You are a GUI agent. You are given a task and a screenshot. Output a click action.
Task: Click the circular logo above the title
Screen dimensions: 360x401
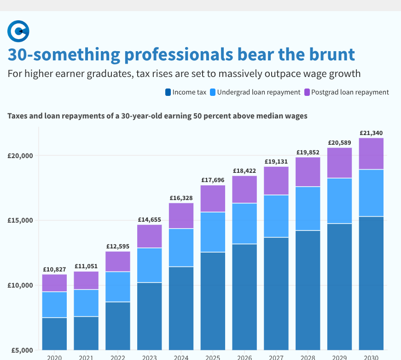pyautogui.click(x=18, y=31)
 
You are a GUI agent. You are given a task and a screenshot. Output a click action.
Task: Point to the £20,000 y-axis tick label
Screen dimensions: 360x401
pyautogui.click(x=20, y=156)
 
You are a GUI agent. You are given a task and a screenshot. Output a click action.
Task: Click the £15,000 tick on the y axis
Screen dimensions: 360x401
pyautogui.click(x=20, y=220)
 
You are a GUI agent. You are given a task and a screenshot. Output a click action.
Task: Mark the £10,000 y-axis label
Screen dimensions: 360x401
pyautogui.click(x=20, y=285)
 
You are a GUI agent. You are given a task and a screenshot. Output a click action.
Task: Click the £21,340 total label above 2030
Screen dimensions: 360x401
pyautogui.click(x=371, y=133)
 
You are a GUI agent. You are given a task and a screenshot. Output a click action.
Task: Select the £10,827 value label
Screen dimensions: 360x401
pyautogui.click(x=54, y=269)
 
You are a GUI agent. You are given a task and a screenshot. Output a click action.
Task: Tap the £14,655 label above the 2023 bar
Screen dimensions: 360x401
pyautogui.click(x=150, y=219)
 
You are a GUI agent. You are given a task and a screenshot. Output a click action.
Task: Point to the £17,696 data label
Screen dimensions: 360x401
pyautogui.click(x=213, y=180)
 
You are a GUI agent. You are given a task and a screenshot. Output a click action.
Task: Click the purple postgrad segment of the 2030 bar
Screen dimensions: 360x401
pyautogui.click(x=371, y=154)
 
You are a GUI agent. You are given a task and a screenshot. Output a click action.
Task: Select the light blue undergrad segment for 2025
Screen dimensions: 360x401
pyautogui.click(x=213, y=232)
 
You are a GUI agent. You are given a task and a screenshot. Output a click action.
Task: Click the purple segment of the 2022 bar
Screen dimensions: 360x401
pyautogui.click(x=118, y=261)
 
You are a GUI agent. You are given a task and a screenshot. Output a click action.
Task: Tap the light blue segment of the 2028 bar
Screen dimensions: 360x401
pyautogui.click(x=308, y=208)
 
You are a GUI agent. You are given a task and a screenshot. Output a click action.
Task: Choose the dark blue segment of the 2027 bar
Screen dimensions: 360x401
pyautogui.click(x=276, y=293)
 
